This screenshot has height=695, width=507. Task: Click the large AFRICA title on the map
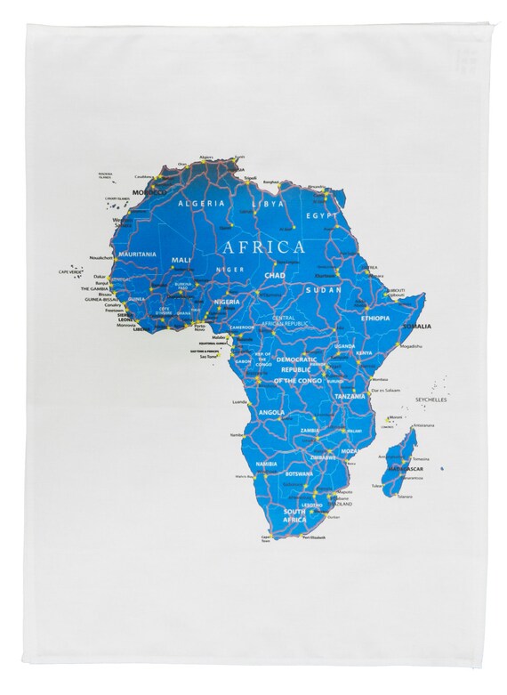[263, 246]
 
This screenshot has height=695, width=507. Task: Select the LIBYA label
[269, 204]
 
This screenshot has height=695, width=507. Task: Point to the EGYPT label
[322, 214]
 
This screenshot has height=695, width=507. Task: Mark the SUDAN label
[323, 289]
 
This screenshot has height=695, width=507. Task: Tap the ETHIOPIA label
[376, 318]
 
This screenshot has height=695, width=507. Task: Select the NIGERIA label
[228, 303]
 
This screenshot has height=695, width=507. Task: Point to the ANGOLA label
[271, 413]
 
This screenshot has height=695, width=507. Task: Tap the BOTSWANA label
[297, 474]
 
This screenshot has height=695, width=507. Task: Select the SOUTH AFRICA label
[294, 516]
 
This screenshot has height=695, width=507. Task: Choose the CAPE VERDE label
[69, 272]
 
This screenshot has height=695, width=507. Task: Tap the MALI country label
[181, 260]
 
